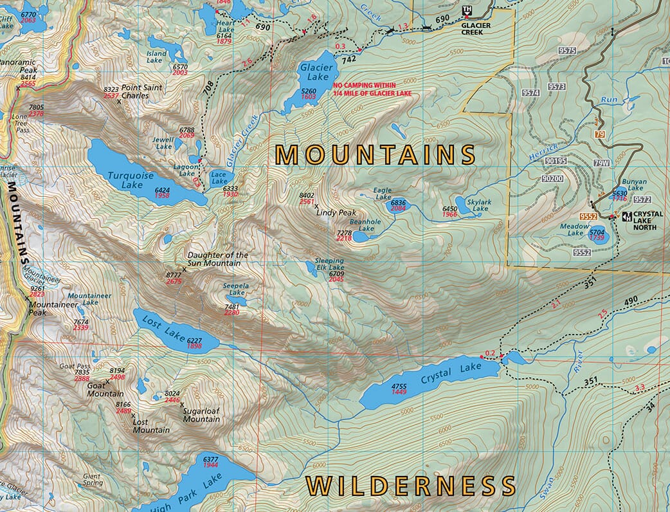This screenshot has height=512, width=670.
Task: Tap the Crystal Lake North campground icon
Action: (x=625, y=217)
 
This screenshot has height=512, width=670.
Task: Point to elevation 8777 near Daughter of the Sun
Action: (x=174, y=275)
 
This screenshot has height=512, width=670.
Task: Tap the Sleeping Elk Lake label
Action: (x=329, y=264)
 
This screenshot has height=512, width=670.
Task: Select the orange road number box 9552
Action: (x=588, y=217)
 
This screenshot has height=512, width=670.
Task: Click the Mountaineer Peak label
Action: (x=47, y=308)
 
